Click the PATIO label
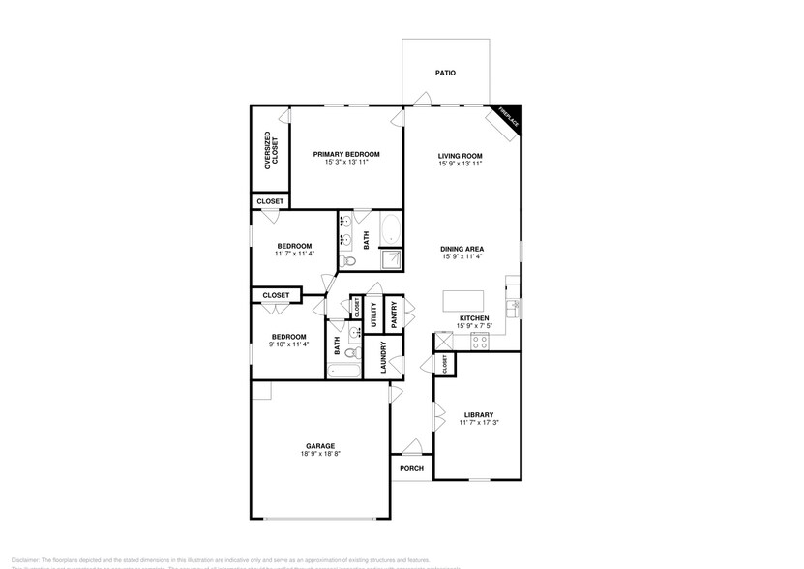[x=445, y=73]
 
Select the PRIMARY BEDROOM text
[x=346, y=154]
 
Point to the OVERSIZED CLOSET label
[x=272, y=153]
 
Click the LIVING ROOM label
[x=461, y=155]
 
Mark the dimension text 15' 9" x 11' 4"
[x=462, y=257]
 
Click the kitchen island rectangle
[x=462, y=299]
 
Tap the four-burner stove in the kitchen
[x=481, y=340]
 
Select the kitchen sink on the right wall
[x=515, y=307]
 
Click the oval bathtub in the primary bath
[x=390, y=230]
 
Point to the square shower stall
[x=391, y=260]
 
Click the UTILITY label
[x=373, y=315]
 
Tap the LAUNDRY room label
[x=384, y=358]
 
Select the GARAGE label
[x=320, y=446]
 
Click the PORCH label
[x=411, y=469]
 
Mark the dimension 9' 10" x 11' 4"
[x=287, y=344]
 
